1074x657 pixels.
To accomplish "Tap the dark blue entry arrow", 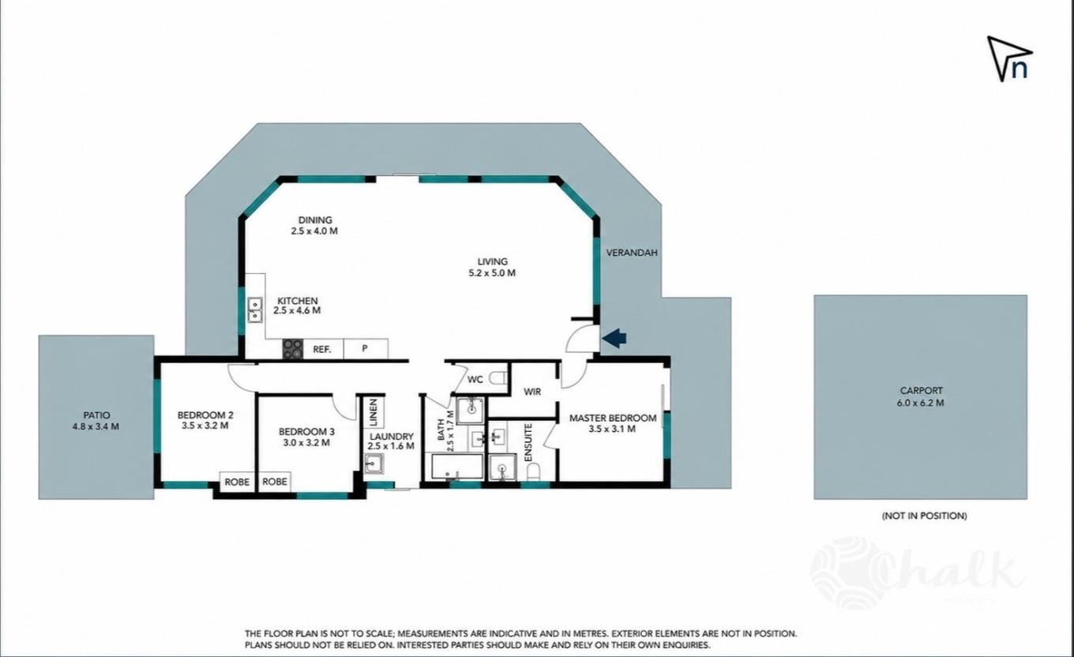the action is (614, 338).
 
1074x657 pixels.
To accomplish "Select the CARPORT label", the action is (921, 391).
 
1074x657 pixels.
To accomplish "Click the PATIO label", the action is (96, 415).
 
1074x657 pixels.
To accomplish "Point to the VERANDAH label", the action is (632, 253).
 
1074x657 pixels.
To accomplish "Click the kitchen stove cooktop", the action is (292, 349).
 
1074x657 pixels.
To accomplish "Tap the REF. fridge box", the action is (323, 349).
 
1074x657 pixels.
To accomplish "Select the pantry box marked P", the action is (366, 349).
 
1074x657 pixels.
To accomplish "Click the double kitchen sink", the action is (254, 310).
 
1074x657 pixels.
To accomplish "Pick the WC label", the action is (475, 380).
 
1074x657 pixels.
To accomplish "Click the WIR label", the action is (532, 392).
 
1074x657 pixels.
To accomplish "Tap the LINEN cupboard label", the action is (374, 412).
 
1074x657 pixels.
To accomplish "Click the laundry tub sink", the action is (374, 464).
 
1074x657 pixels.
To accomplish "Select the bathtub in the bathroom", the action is (457, 467).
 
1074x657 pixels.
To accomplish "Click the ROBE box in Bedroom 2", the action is (238, 482).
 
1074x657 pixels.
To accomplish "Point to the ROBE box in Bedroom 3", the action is (275, 482).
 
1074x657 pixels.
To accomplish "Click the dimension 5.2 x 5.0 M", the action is (492, 273).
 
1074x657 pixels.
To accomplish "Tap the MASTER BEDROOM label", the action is (613, 419).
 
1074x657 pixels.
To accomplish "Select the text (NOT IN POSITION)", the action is (925, 516).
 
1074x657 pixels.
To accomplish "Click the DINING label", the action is (315, 220).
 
